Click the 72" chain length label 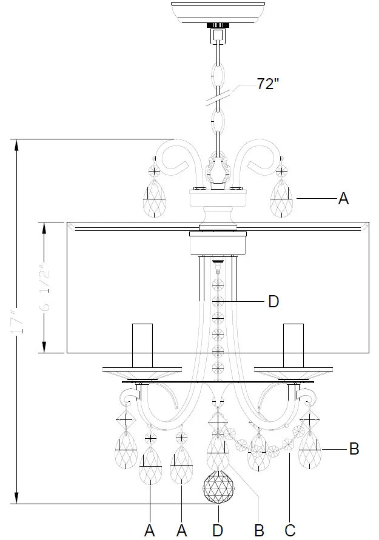267,84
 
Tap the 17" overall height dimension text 18,321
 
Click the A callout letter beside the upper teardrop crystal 343,199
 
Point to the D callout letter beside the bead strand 273,301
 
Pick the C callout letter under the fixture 290,530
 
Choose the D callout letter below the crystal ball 218,530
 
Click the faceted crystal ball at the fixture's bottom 218,487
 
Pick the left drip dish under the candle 142,372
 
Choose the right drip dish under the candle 293,372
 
